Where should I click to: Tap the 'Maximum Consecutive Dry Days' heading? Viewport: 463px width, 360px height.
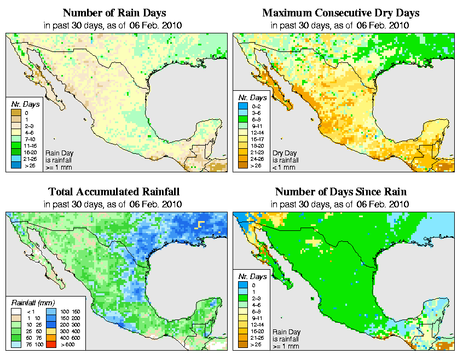(340, 13)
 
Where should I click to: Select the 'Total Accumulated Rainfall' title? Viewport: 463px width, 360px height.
(114, 192)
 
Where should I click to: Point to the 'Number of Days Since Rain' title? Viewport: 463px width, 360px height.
(340, 192)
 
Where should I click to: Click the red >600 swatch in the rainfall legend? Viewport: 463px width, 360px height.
(50, 345)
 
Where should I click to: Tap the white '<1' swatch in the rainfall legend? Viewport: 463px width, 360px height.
(16, 310)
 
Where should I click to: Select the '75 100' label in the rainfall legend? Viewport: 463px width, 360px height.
(31, 345)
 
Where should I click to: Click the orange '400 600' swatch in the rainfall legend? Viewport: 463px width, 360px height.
(50, 338)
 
